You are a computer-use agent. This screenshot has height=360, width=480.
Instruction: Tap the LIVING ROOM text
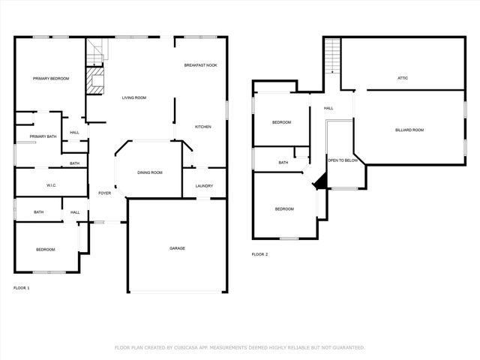pos(134,97)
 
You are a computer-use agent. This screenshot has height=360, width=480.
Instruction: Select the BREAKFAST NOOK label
pos(200,66)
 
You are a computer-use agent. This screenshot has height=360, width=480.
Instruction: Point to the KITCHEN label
pos(203,127)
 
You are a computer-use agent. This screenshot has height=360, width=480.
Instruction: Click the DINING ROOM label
pos(149,172)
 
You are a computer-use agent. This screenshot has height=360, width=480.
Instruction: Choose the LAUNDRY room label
pos(204,186)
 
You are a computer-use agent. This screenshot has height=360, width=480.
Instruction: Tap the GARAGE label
pos(177,248)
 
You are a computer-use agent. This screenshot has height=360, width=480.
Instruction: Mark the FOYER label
pos(104,193)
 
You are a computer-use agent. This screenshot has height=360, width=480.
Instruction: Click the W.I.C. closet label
pos(52,184)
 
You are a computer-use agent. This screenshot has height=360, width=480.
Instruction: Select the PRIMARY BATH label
pos(43,136)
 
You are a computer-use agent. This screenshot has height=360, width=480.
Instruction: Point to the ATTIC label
pos(402,78)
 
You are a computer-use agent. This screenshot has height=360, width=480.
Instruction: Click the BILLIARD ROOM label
pos(409,130)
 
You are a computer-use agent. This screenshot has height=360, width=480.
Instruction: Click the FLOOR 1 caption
pos(22,288)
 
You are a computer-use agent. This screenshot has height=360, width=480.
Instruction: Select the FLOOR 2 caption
pos(259,254)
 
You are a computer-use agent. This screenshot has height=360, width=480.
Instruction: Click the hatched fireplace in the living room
pos(94,81)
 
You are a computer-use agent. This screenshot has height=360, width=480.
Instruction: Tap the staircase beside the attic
pos(332,56)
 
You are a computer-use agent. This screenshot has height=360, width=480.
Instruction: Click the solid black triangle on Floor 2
pos(320,181)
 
